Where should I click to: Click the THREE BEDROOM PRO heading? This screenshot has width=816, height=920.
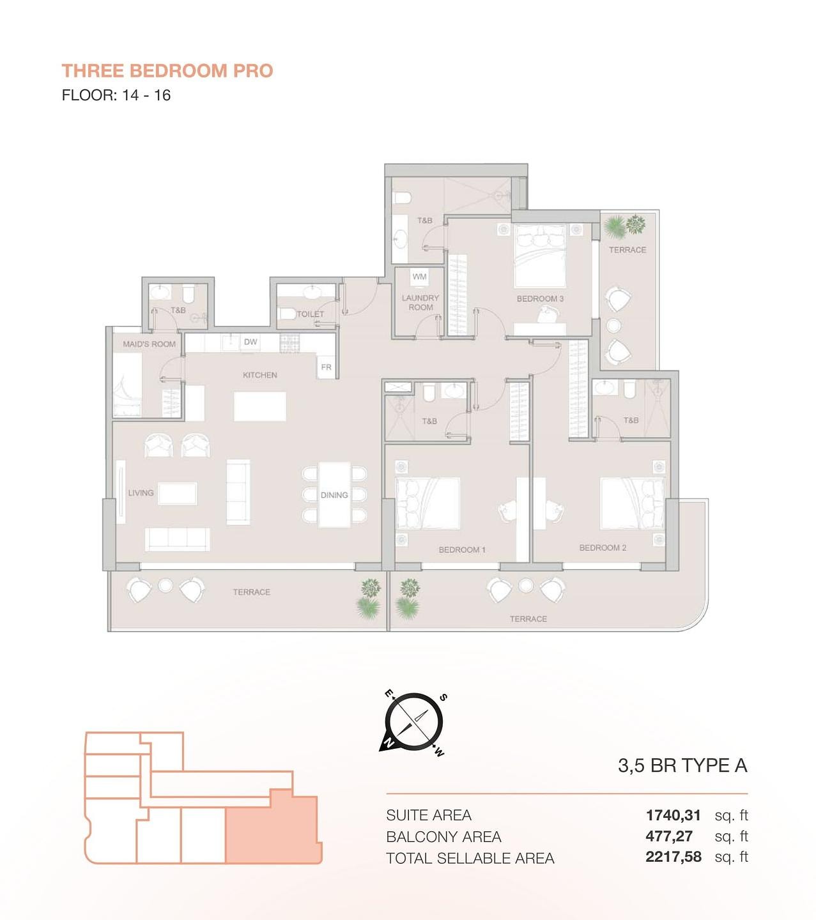pos(167,71)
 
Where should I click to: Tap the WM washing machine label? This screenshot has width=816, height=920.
pos(419,277)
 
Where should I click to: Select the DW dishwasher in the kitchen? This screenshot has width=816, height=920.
pos(250,342)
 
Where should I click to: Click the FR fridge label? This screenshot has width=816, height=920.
pos(326,367)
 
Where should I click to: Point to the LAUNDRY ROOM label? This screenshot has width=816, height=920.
pos(420,302)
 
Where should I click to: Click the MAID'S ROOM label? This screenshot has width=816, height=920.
pos(149,344)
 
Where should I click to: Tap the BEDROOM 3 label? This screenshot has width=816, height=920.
pos(540,299)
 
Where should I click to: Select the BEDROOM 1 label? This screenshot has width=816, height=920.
pos(462,550)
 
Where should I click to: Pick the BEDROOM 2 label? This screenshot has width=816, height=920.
pos(603,548)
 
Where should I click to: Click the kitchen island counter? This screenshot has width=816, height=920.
pos(259,406)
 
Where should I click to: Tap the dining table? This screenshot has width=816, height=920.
pos(334,494)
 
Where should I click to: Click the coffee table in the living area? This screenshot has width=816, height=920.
pos(178,494)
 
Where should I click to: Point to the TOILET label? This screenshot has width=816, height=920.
pos(311,314)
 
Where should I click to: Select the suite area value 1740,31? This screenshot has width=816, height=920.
pos(673,816)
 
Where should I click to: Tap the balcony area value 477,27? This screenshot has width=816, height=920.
pos(669,836)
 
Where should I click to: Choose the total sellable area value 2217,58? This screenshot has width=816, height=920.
pos(674,857)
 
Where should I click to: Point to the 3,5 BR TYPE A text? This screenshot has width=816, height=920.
pos(682,765)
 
